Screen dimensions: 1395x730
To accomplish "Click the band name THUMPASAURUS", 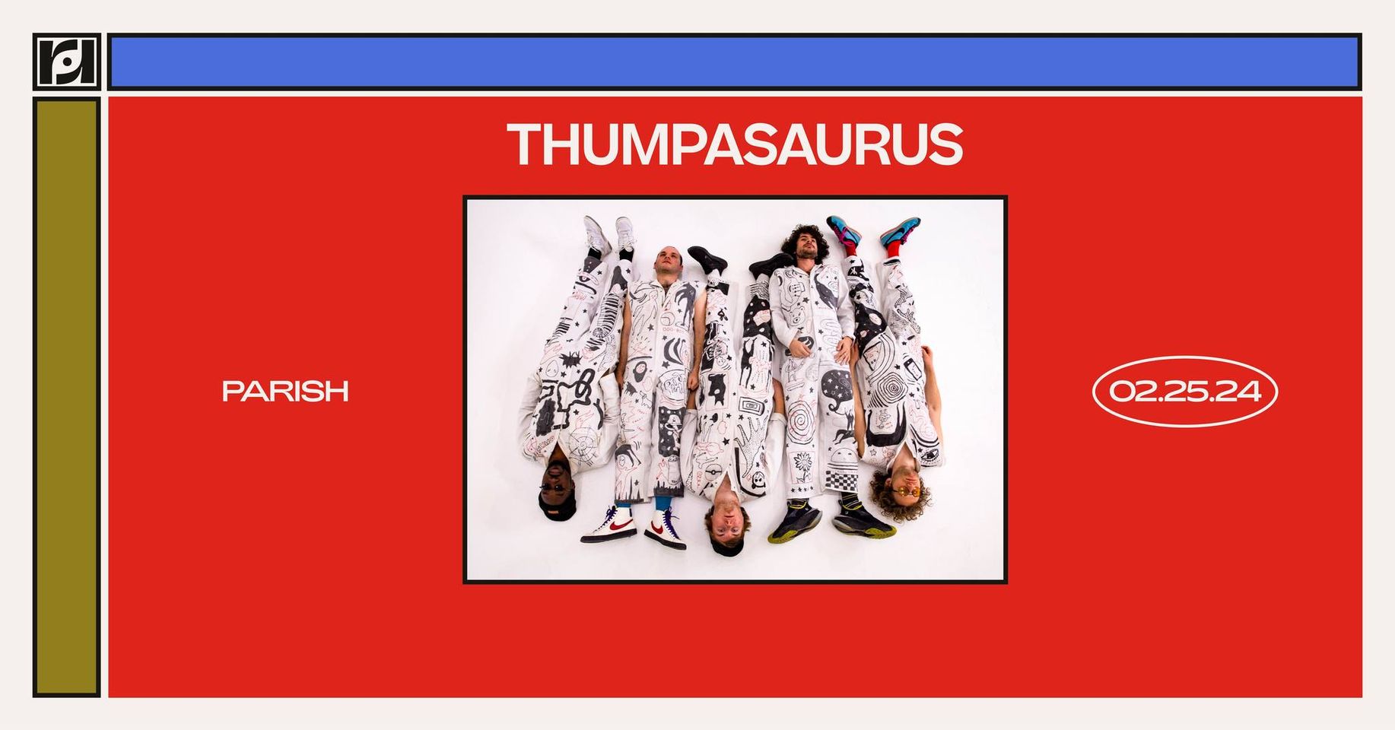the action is (x=736, y=144).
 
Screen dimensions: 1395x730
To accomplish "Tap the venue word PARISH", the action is (x=285, y=391).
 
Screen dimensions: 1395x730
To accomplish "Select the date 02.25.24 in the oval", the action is (x=1185, y=391).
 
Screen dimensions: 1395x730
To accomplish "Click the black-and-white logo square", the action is (x=67, y=62).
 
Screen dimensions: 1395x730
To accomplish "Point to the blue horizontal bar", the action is (x=735, y=62).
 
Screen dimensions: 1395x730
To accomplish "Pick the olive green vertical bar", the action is (x=67, y=397).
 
